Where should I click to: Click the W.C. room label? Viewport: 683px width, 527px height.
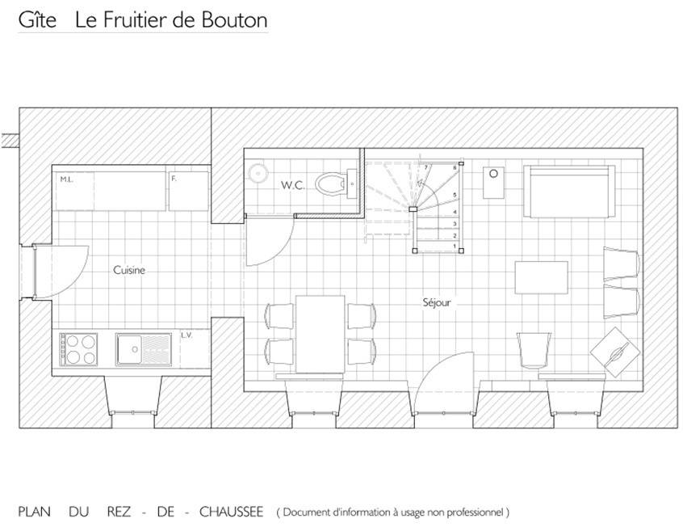click(x=292, y=185)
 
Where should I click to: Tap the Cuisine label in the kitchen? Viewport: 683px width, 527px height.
click(x=129, y=270)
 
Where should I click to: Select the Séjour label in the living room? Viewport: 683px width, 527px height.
click(x=437, y=302)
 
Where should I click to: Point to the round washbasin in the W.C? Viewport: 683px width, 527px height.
click(x=258, y=173)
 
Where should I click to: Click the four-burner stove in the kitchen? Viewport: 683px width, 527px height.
click(x=79, y=349)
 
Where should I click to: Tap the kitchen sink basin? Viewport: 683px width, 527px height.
click(x=129, y=349)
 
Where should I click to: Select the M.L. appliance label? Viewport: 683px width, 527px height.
click(x=67, y=179)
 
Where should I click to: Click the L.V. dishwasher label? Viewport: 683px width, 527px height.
click(x=186, y=335)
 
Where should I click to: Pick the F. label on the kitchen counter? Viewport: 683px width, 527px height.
click(x=174, y=179)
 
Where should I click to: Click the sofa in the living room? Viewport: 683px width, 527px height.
click(x=569, y=191)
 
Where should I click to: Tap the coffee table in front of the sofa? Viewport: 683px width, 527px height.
click(x=542, y=277)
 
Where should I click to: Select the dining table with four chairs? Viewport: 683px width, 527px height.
click(x=321, y=334)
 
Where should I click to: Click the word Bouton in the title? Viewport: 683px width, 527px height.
click(x=234, y=20)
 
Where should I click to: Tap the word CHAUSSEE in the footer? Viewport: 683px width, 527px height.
click(x=231, y=512)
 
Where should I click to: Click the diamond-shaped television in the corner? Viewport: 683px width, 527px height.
click(x=615, y=352)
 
